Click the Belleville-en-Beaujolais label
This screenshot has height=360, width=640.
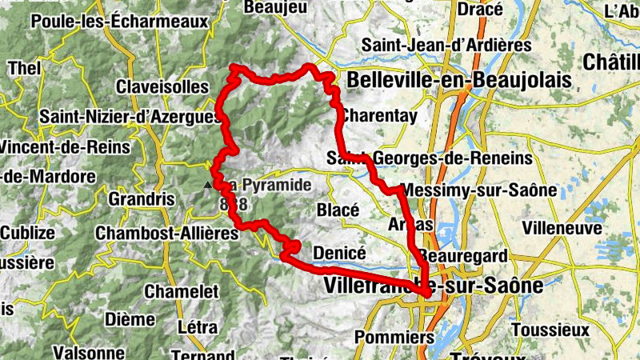pyautogui.click(x=459, y=80)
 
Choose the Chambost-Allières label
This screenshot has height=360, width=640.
pyautogui.click(x=166, y=233)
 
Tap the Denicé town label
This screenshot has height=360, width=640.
pyautogui.click(x=340, y=251)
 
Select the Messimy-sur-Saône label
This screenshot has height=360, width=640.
pyautogui.click(x=465, y=190)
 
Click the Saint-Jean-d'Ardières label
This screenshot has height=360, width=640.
pyautogui.click(x=434, y=45)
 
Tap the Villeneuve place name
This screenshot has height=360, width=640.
pyautogui.click(x=561, y=227)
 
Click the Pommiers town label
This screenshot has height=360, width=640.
pyautogui.click(x=381, y=336)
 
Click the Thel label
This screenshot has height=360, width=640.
pyautogui.click(x=24, y=69)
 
